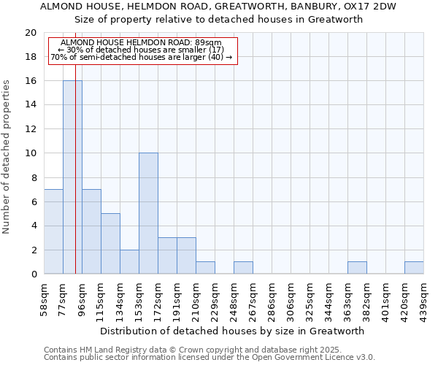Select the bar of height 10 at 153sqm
tap(148, 213)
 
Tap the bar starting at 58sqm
tap(53, 231)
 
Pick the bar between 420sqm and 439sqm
tap(414, 268)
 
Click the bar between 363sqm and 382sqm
tap(357, 268)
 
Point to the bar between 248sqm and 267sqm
tap(243, 268)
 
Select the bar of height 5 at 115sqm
tap(110, 243)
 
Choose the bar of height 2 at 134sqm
tap(129, 261)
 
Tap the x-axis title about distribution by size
tap(231, 331)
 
